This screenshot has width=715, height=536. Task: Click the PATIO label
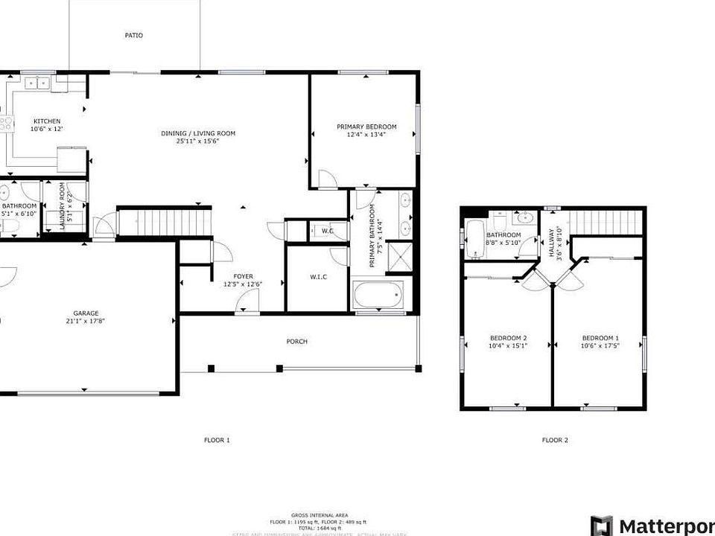pos(134,35)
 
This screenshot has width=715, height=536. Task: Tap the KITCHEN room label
pos(46,121)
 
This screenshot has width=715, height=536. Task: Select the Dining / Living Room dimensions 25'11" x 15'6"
pos(198,141)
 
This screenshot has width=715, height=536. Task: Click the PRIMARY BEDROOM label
pos(366,127)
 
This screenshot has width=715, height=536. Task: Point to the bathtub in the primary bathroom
pos(378,296)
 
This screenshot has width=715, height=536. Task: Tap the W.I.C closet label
pos(319,277)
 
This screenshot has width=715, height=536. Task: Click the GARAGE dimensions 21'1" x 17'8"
pos(86,322)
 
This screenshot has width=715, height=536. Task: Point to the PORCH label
pos(297,342)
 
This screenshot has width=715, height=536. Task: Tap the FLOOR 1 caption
pos(217,440)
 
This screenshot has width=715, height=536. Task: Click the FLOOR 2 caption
pos(555,440)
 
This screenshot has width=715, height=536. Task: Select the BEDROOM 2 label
pos(508,338)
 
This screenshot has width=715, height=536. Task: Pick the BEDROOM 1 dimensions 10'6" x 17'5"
pos(600,345)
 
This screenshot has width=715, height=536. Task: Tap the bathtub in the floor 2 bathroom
pos(474,240)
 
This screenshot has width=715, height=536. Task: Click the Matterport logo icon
pos(602,525)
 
